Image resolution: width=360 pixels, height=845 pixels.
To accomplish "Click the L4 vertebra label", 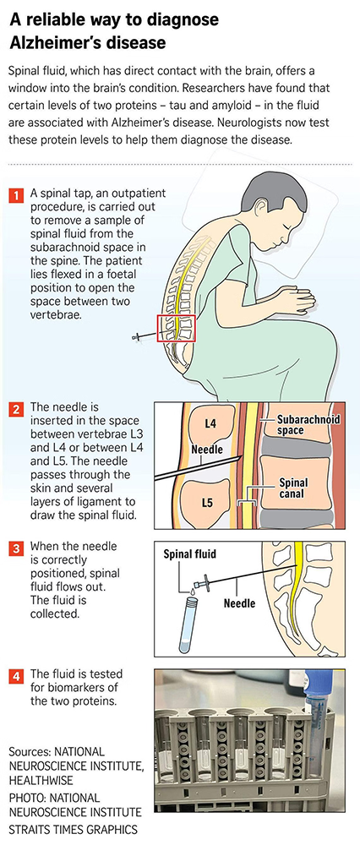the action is (211, 423).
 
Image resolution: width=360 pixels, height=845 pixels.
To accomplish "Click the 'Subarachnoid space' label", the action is (308, 425).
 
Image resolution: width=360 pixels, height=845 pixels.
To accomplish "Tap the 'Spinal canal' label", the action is (294, 488).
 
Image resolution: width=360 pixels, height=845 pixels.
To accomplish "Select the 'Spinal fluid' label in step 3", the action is (189, 553).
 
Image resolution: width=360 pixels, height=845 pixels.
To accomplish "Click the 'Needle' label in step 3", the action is (239, 603).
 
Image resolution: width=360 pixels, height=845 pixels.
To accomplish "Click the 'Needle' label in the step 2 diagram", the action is (207, 449).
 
